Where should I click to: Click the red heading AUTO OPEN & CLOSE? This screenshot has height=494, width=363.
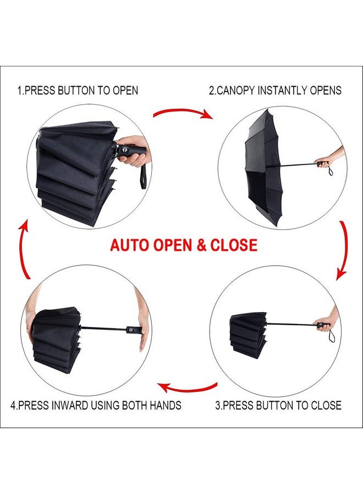click(x=184, y=245)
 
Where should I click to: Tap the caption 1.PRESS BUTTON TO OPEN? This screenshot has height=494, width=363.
click(x=78, y=91)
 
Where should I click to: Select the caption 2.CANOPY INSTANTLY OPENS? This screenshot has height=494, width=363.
click(x=275, y=91)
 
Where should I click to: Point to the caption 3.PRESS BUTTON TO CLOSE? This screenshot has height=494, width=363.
click(x=278, y=406)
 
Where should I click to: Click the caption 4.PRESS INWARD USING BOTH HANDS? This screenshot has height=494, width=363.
click(x=96, y=406)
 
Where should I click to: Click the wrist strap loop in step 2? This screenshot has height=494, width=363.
click(x=330, y=172)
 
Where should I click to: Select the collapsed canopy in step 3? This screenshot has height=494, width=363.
click(x=249, y=332)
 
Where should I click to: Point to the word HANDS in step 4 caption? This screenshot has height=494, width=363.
click(x=164, y=406)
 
